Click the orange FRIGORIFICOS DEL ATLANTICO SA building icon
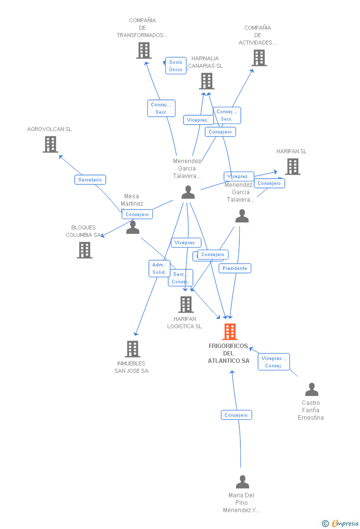pyautogui.click(x=230, y=331)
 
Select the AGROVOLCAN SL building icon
pyautogui.click(x=50, y=144)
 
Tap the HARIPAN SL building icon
pyautogui.click(x=292, y=167)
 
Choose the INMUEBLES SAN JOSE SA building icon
pyautogui.click(x=132, y=349)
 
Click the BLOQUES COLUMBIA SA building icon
pyautogui.click(x=85, y=250)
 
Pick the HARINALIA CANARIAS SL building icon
pyautogui.click(x=207, y=81)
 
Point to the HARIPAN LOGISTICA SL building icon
pyautogui.click(x=186, y=305)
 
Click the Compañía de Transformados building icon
pyautogui.click(x=143, y=50)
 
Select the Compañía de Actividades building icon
pyautogui.click(x=259, y=58)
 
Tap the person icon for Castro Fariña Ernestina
pyautogui.click(x=312, y=390)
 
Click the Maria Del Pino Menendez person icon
pyautogui.click(x=242, y=482)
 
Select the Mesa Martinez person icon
pyautogui.click(x=133, y=227)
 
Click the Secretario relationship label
pyautogui.click(x=90, y=180)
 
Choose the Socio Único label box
pyautogui.click(x=176, y=66)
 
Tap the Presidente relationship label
pyautogui.click(x=235, y=268)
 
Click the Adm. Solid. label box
pyautogui.click(x=159, y=268)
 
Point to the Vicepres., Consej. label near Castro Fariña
pyautogui.click(x=273, y=362)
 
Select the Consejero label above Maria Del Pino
pyautogui.click(x=236, y=415)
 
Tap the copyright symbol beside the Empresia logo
pyautogui.click(x=325, y=523)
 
